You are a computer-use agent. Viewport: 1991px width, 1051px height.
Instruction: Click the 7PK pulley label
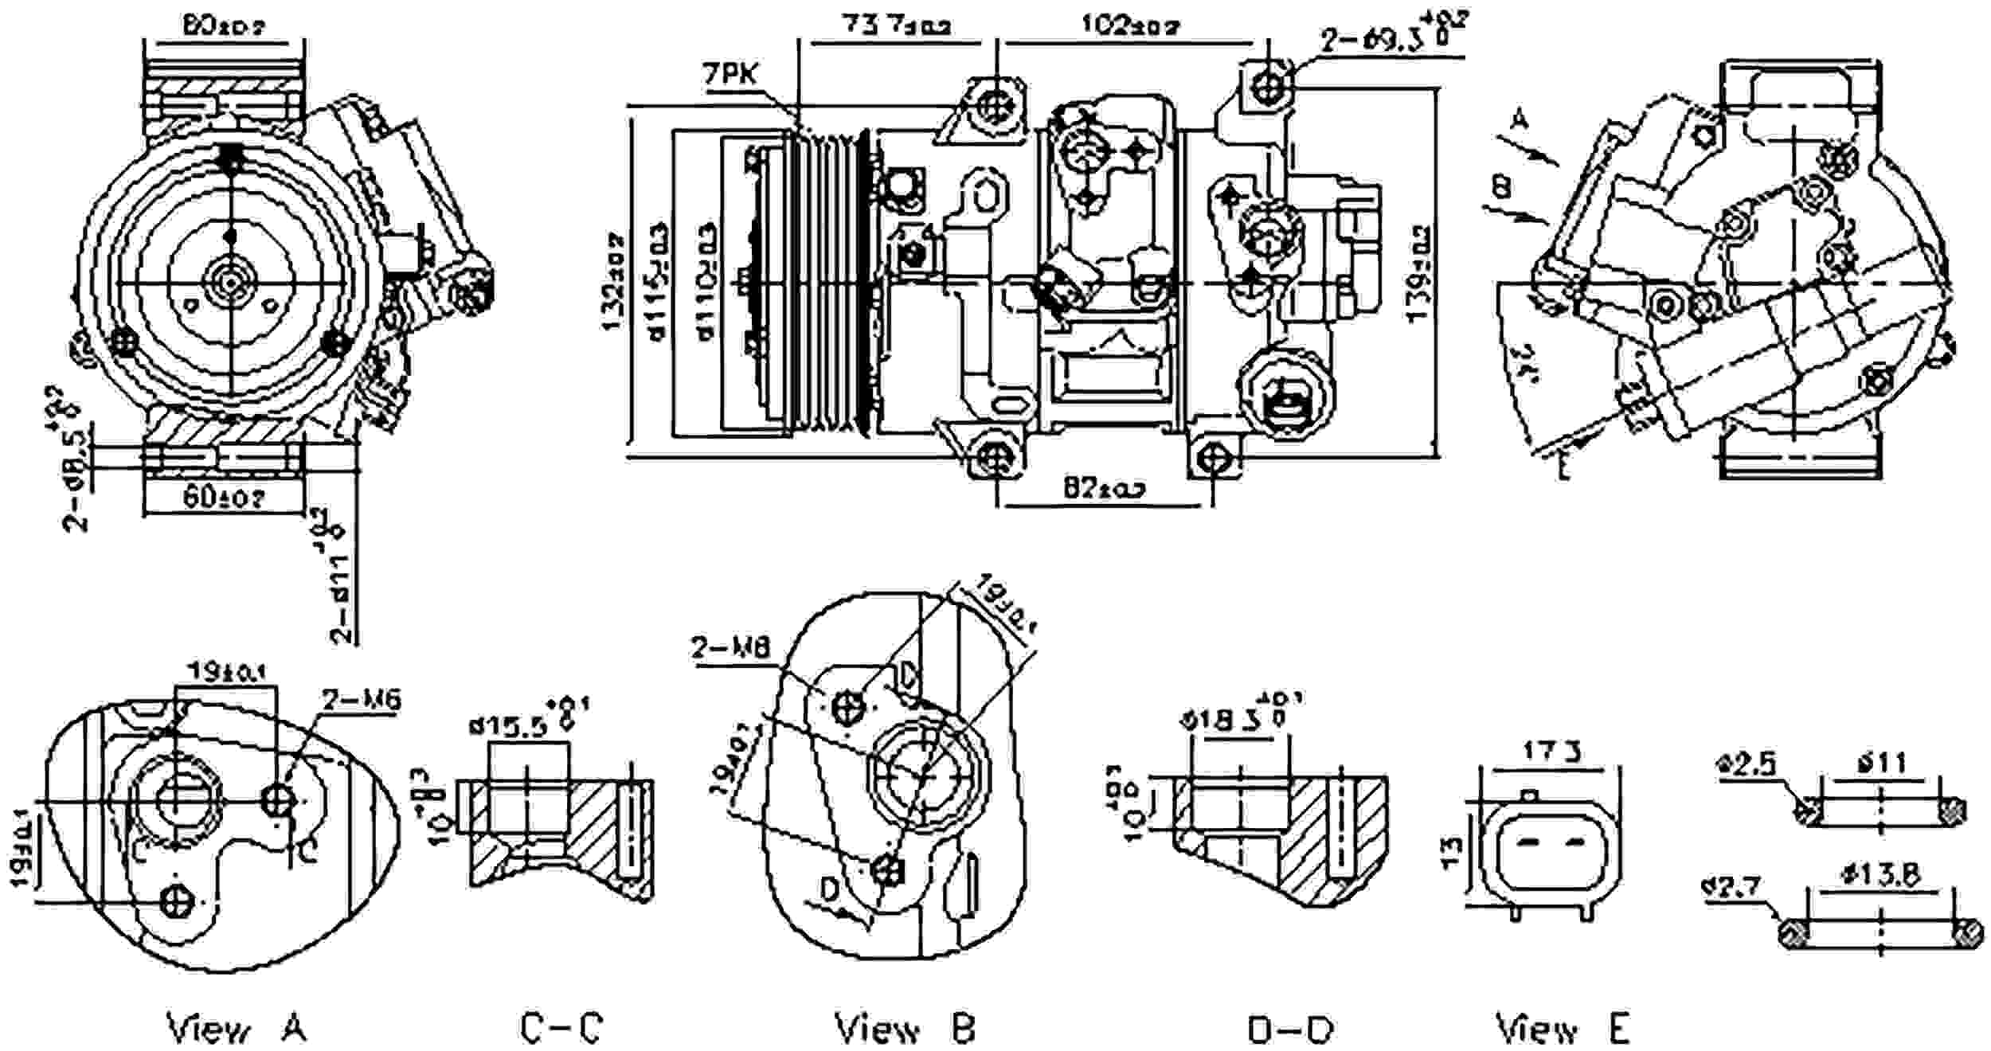click(x=730, y=76)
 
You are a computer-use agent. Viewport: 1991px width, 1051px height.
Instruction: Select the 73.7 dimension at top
click(x=896, y=26)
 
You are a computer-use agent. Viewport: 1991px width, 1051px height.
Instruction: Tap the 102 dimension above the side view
click(x=1131, y=26)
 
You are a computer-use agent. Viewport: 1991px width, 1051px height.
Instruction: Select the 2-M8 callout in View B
click(x=730, y=647)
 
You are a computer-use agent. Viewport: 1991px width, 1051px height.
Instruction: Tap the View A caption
click(x=237, y=1027)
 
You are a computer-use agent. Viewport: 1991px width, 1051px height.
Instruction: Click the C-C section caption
click(x=562, y=1027)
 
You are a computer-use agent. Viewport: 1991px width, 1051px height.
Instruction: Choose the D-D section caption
click(x=1289, y=1029)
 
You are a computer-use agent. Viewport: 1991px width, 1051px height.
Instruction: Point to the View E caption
click(x=1563, y=1027)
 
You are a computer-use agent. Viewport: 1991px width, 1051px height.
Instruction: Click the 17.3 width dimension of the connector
click(x=1551, y=752)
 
